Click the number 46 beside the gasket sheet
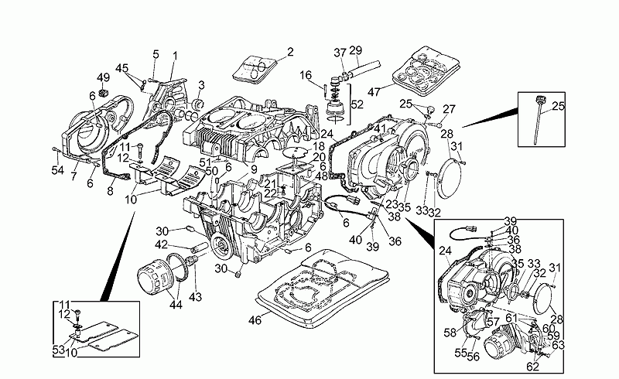tap(255, 319)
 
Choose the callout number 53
tap(57, 350)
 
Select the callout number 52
tap(357, 104)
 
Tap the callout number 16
tap(306, 75)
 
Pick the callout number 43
tap(194, 298)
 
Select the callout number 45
tap(121, 67)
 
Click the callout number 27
tap(450, 109)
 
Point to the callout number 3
tap(201, 84)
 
